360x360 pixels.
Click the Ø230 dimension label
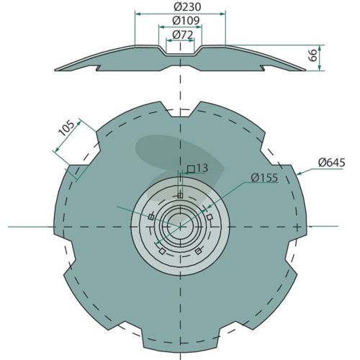(187, 7)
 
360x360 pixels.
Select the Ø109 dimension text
(186, 21)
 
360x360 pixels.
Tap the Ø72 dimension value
(183, 35)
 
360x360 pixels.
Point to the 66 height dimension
(313, 55)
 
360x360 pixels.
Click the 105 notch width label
(66, 128)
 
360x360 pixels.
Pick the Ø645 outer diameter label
(332, 163)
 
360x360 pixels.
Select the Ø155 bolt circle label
(264, 178)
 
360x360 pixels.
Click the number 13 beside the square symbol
(202, 168)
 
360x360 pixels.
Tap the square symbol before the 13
(191, 169)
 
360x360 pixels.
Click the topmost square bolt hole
(181, 195)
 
